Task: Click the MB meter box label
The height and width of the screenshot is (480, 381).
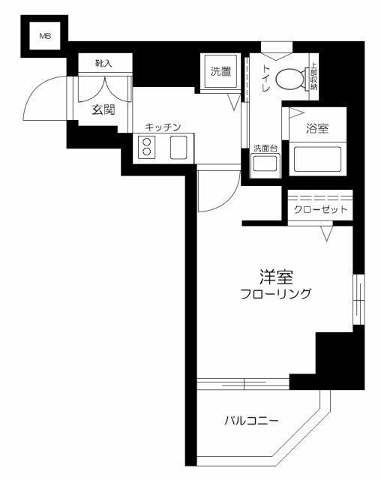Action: click(x=44, y=35)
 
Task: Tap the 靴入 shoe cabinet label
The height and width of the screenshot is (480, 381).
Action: click(x=103, y=64)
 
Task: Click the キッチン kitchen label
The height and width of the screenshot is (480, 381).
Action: click(x=163, y=127)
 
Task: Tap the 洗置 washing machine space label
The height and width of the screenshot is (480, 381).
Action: click(x=220, y=72)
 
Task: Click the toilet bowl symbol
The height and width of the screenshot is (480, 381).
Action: click(x=289, y=77)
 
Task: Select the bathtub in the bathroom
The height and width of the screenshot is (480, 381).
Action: click(x=316, y=159)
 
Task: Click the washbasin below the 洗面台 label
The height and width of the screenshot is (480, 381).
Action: click(x=264, y=166)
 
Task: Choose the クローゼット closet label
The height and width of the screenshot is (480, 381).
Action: click(x=319, y=209)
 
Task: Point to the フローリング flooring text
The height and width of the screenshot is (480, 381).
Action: click(x=274, y=294)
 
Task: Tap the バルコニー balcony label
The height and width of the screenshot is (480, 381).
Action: click(x=251, y=421)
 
